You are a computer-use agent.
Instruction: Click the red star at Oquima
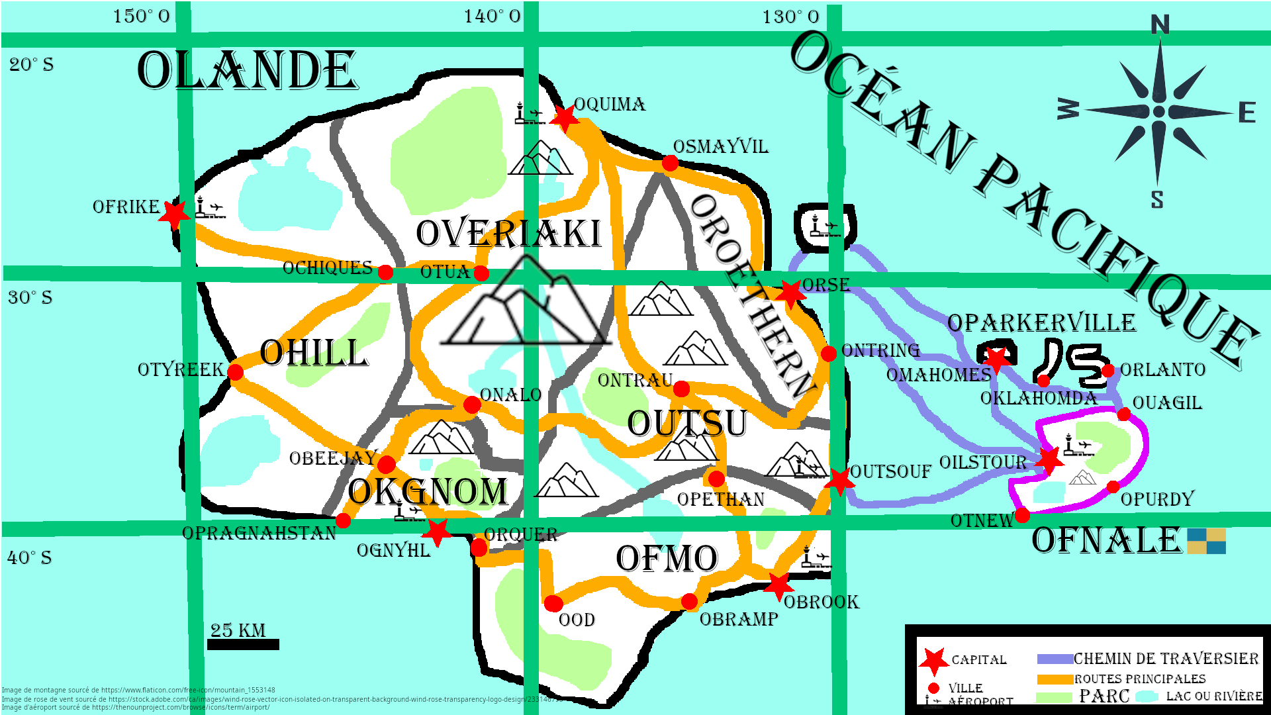tap(565, 118)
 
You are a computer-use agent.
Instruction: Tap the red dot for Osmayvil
tap(670, 163)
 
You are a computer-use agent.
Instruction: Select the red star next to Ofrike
tap(175, 214)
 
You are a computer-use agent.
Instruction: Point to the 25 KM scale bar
tap(243, 644)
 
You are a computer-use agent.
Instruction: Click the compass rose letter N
tap(1160, 25)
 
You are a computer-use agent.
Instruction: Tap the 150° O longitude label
tap(141, 17)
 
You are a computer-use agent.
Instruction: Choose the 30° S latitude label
tap(30, 297)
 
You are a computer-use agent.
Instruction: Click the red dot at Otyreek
tap(235, 372)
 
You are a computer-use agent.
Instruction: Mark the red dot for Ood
tap(553, 603)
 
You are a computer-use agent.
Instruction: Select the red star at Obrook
tap(779, 585)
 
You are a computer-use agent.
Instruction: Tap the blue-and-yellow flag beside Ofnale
tap(1206, 541)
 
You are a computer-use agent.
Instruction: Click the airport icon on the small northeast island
tap(824, 226)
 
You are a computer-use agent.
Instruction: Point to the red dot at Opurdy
tap(1113, 487)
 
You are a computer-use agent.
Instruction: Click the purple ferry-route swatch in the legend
tap(1055, 659)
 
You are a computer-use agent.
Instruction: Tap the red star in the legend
tap(934, 661)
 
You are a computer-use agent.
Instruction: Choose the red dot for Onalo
tap(472, 405)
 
